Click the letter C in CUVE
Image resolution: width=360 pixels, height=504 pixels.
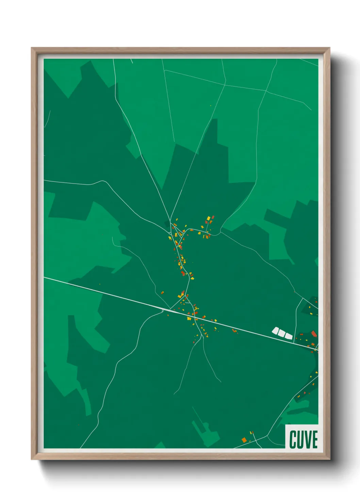pos(293,439)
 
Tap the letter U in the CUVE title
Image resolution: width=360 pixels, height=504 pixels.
pos(300,439)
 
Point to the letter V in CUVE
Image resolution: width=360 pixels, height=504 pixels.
pos(307,439)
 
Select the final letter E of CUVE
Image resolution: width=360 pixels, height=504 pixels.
pos(314,439)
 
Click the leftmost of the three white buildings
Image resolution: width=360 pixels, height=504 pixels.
pos(275,330)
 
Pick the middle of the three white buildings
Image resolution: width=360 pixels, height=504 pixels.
pos(282,333)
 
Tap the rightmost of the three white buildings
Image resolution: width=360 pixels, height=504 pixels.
pos(289,336)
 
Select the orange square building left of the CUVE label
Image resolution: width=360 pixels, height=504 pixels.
pos(244,440)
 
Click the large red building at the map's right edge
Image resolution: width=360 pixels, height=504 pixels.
pos(314,333)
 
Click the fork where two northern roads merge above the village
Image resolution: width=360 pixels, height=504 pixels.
pos(170,218)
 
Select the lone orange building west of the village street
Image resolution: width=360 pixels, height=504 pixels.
pos(162,292)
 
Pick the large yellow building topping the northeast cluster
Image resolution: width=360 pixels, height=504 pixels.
pos(209,218)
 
